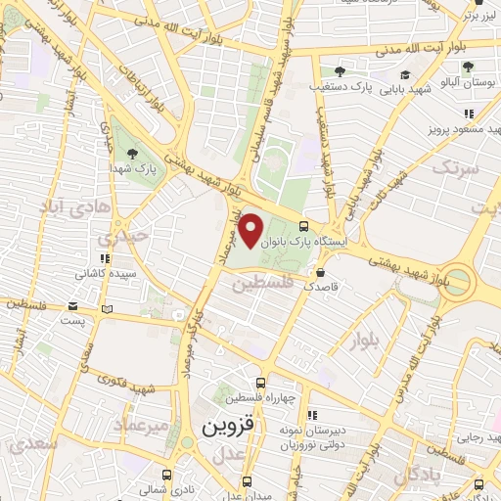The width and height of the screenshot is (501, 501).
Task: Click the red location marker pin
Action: tap(251, 229)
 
